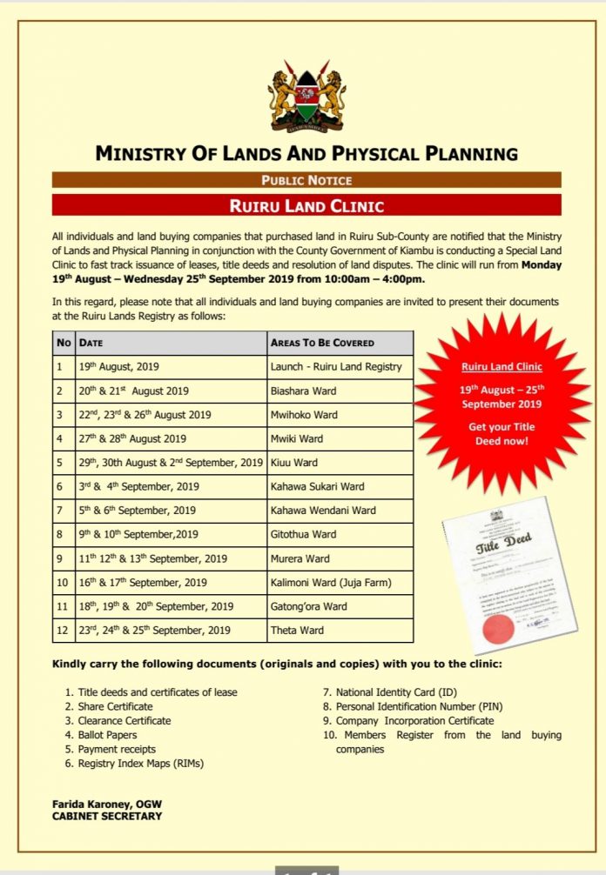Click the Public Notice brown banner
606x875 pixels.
306,181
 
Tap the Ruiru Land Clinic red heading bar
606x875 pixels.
306,206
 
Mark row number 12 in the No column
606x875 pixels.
63,630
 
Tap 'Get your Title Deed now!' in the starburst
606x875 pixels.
502,433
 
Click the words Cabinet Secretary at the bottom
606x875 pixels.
106,816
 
